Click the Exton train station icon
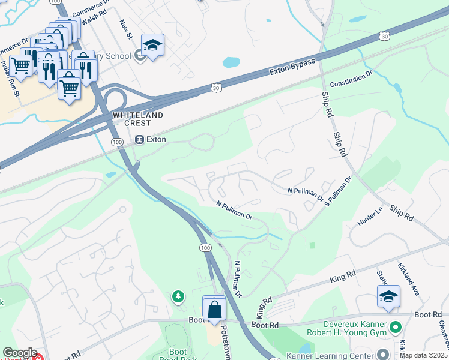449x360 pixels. (139, 140)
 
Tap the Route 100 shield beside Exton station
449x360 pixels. (116, 141)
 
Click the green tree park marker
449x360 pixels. (178, 296)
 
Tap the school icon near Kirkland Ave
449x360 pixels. (388, 296)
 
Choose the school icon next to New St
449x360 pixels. (152, 45)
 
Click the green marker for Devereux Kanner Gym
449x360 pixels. (394, 328)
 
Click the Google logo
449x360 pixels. (19, 353)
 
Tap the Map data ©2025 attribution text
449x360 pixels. (424, 355)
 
